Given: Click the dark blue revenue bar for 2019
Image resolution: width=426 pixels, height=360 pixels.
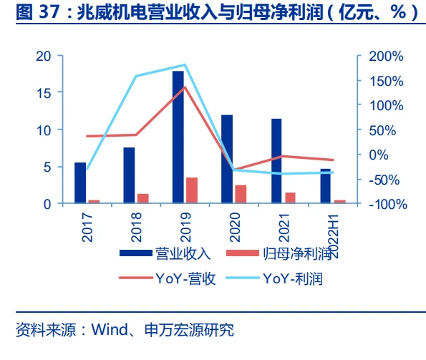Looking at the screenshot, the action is [x=178, y=137].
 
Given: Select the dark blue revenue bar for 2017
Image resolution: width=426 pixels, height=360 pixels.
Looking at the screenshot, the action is [x=80, y=183].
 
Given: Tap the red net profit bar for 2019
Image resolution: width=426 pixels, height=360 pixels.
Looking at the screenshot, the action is [x=192, y=190].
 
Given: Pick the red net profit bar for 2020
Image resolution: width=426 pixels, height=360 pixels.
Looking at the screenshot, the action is [x=241, y=194].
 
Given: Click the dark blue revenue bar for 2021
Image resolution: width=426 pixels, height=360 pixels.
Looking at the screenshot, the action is [x=276, y=161].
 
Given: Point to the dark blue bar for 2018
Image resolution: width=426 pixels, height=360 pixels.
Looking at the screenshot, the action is [x=129, y=175].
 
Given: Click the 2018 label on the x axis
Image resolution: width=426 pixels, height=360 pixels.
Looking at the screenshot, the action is [x=136, y=228].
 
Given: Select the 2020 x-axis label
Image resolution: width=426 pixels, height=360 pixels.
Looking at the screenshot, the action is [x=235, y=228].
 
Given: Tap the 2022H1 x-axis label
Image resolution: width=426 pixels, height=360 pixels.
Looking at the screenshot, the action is [x=333, y=236].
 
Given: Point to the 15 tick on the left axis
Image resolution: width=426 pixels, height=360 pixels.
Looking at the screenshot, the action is [x=44, y=93].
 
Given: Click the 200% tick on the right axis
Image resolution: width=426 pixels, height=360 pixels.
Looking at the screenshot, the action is [x=386, y=57].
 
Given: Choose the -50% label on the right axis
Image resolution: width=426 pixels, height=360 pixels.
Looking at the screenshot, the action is [x=384, y=180].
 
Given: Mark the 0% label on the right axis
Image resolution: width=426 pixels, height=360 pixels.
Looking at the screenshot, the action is [x=379, y=155].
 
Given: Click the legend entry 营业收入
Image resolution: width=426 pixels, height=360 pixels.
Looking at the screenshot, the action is [x=165, y=254].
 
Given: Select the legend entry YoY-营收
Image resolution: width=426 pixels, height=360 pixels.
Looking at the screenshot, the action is [x=168, y=278].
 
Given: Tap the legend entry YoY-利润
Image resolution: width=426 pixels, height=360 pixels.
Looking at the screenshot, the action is [x=274, y=278].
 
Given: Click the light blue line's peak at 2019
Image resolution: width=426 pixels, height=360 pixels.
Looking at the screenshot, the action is [x=185, y=65].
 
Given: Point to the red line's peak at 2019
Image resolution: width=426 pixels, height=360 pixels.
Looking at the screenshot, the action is [x=185, y=87].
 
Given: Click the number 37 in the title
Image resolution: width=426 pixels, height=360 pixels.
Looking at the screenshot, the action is [x=49, y=12].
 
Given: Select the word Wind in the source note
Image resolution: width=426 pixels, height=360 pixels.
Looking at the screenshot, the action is [x=110, y=330].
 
